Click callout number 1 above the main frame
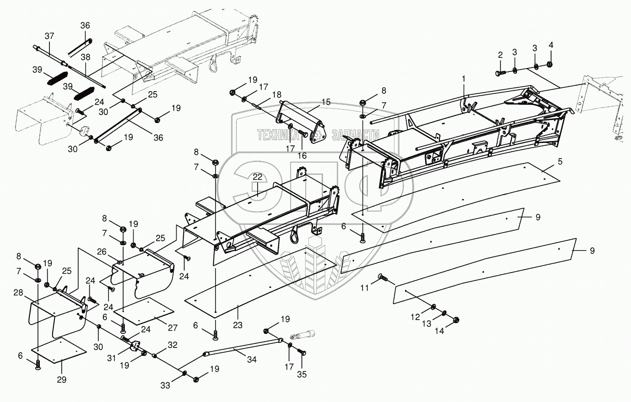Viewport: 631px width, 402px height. [x=463, y=79]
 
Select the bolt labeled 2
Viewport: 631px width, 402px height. [x=499, y=72]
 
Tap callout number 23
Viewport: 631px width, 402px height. [x=237, y=326]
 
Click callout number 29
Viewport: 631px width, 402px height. [x=61, y=380]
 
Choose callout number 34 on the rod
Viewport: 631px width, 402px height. [x=251, y=360]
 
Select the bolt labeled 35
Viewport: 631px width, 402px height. [x=302, y=353]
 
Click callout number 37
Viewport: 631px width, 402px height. [x=49, y=36]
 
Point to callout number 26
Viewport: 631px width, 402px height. [x=101, y=251]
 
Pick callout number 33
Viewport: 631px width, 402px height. [x=165, y=386]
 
